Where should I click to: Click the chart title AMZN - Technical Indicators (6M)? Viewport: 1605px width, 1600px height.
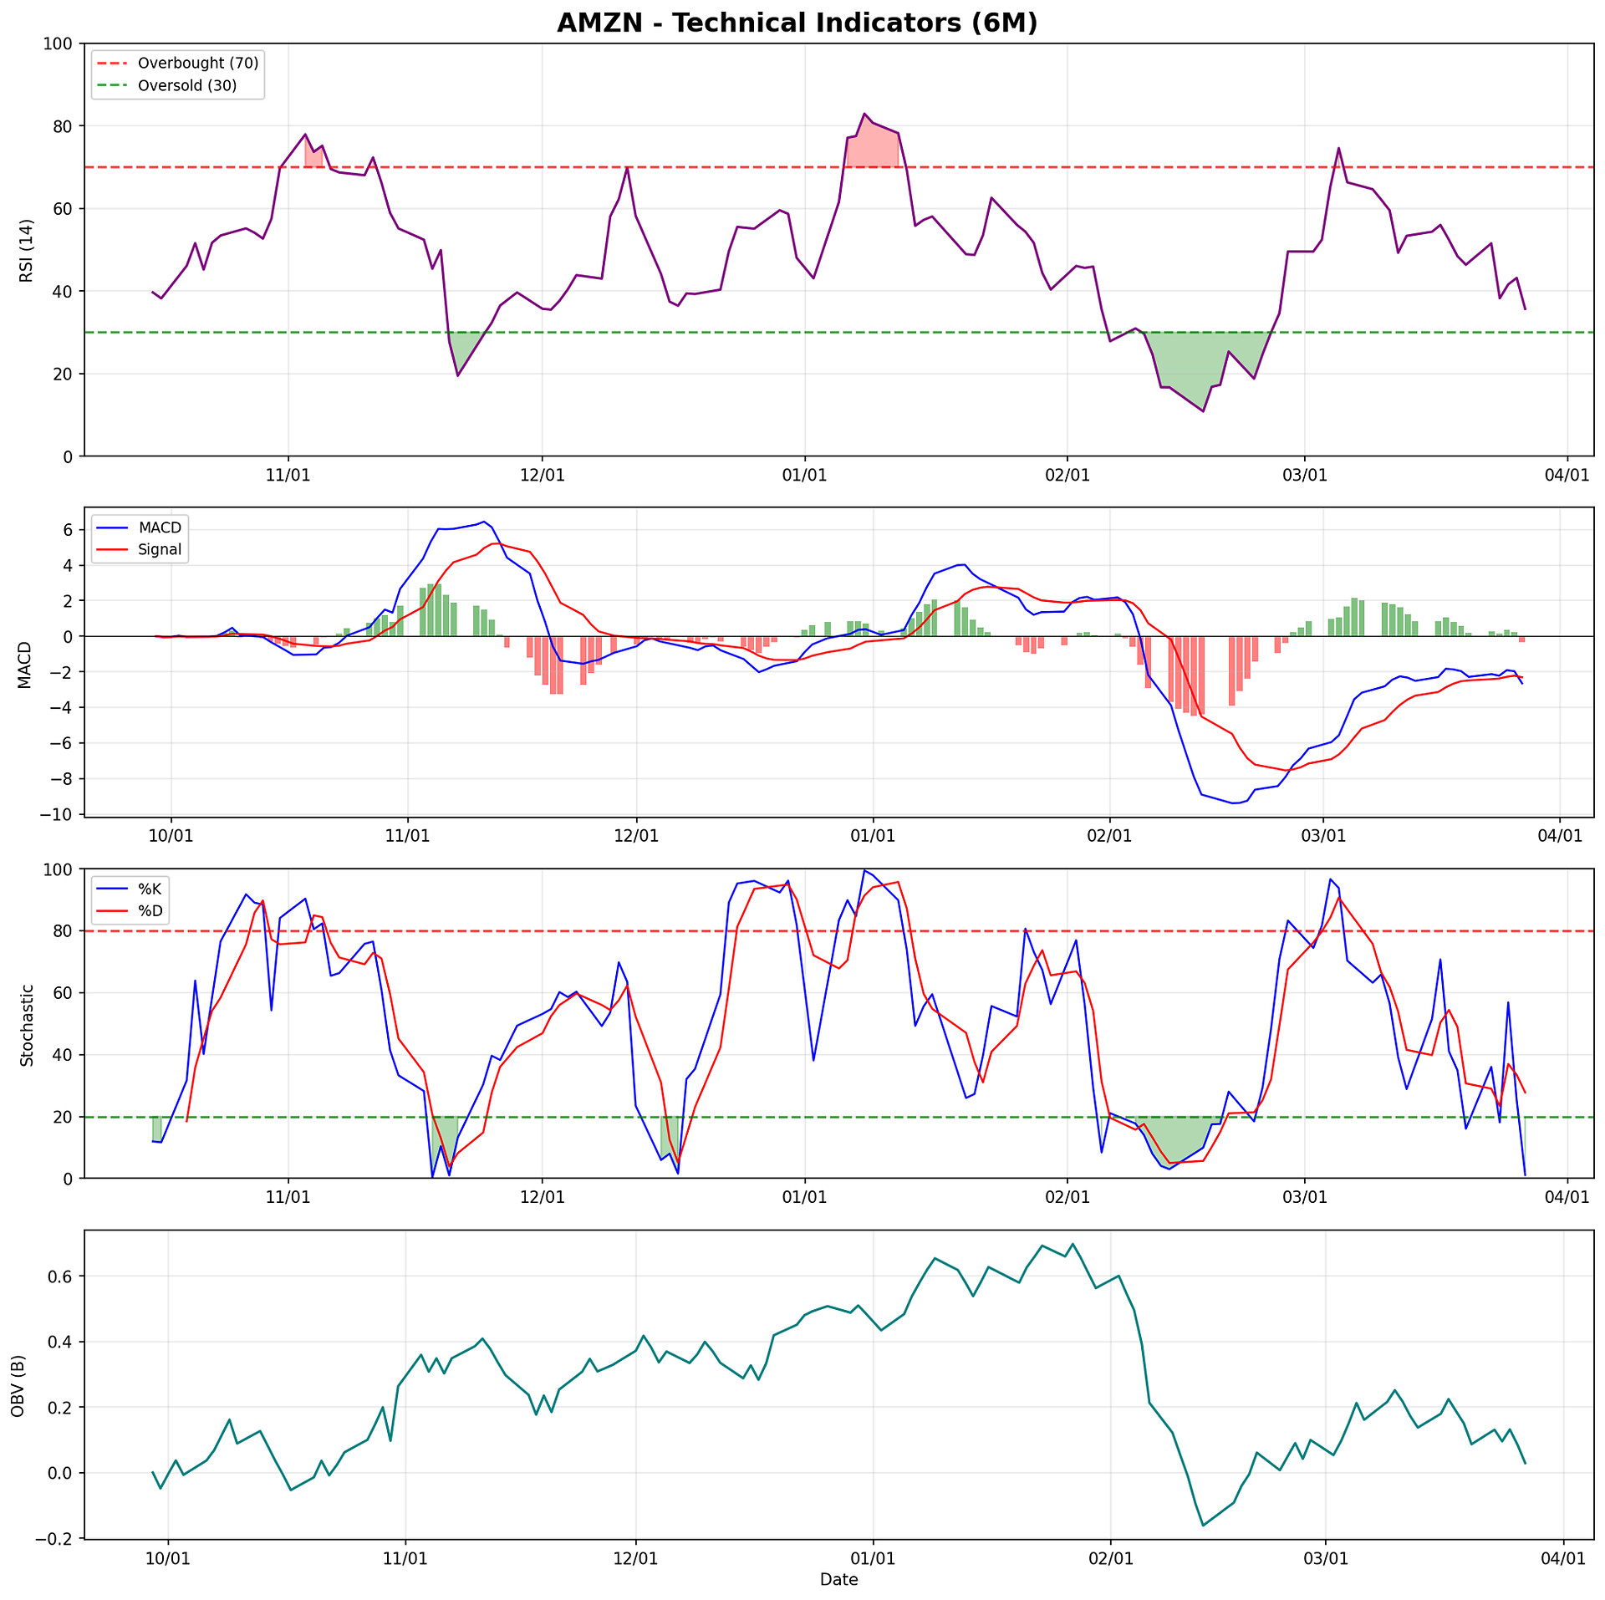pyautogui.click(x=797, y=23)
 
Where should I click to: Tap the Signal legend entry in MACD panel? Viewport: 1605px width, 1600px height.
pyautogui.click(x=160, y=549)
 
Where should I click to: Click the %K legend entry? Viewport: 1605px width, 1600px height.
pyautogui.click(x=150, y=889)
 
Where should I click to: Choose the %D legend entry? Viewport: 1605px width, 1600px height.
pyautogui.click(x=150, y=910)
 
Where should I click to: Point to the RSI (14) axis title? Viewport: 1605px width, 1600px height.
pyautogui.click(x=26, y=250)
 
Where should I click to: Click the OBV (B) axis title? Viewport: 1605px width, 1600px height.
pyautogui.click(x=18, y=1385)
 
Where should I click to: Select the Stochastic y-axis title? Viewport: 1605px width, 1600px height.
pyautogui.click(x=26, y=1025)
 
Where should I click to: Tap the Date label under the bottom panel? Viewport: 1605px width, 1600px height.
pyautogui.click(x=838, y=1579)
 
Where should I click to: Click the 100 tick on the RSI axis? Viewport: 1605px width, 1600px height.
pyautogui.click(x=60, y=43)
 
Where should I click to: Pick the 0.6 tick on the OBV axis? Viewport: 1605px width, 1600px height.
pyautogui.click(x=60, y=1276)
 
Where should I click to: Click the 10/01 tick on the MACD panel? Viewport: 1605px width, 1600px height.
pyautogui.click(x=171, y=836)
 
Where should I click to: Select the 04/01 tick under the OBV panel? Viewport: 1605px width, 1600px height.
pyautogui.click(x=1563, y=1559)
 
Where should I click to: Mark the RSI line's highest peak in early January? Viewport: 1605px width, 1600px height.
pyautogui.click(x=864, y=114)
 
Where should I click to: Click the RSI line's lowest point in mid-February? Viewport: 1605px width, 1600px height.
pyautogui.click(x=1203, y=411)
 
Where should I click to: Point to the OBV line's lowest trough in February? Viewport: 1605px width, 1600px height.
pyautogui.click(x=1203, y=1526)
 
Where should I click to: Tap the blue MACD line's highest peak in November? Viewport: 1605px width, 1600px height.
pyautogui.click(x=483, y=522)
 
